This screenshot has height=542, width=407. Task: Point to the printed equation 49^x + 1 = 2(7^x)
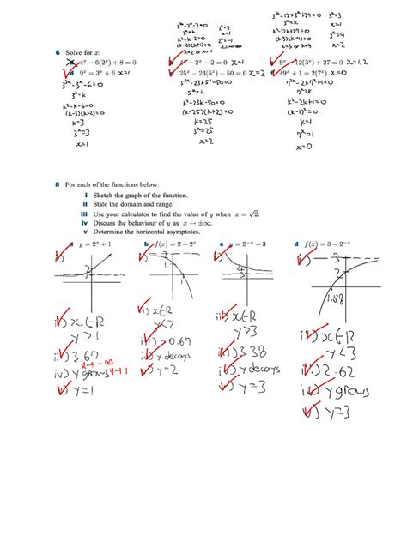click(x=302, y=75)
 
